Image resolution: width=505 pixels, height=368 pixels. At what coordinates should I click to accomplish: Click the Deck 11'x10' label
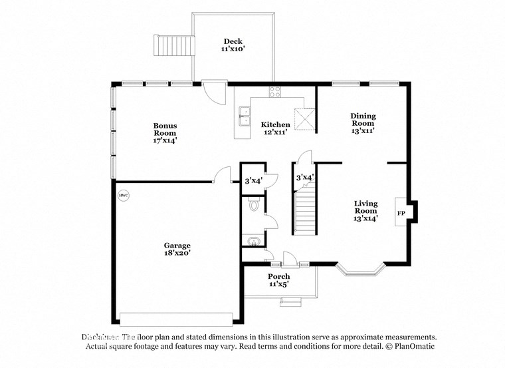click(x=232, y=45)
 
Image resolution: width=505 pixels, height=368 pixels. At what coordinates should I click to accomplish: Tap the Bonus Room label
click(x=165, y=132)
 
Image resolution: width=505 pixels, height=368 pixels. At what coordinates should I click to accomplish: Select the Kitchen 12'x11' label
click(x=275, y=128)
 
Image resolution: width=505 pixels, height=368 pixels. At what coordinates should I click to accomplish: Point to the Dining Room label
click(x=363, y=123)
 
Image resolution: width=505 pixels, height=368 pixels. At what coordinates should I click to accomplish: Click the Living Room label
click(x=365, y=211)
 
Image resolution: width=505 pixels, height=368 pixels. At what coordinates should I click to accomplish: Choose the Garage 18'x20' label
click(x=177, y=249)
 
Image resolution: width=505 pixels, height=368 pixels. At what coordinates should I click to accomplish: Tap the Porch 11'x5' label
click(x=278, y=280)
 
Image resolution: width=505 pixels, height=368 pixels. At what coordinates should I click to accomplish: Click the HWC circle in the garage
click(x=124, y=196)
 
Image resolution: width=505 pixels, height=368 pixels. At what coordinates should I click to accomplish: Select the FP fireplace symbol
click(x=401, y=213)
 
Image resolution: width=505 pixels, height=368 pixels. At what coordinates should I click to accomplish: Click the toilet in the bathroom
click(x=252, y=206)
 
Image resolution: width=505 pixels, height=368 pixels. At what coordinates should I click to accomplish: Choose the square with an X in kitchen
click(x=305, y=118)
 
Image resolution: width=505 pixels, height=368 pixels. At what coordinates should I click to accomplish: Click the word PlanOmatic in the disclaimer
click(x=416, y=347)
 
